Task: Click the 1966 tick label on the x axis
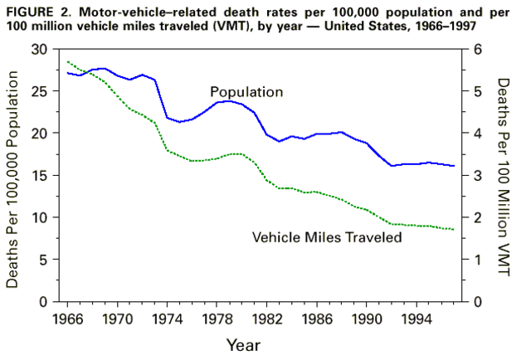click(x=67, y=317)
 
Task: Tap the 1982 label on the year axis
click(x=267, y=317)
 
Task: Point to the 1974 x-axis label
click(x=167, y=317)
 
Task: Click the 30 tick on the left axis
click(x=39, y=49)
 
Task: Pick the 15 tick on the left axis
click(x=39, y=175)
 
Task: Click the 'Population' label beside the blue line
click(x=246, y=91)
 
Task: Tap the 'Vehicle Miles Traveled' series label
click(x=326, y=237)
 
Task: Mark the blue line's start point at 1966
click(x=67, y=73)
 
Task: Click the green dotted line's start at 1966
click(x=67, y=61)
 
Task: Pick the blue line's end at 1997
click(x=454, y=166)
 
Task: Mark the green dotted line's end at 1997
click(x=454, y=229)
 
